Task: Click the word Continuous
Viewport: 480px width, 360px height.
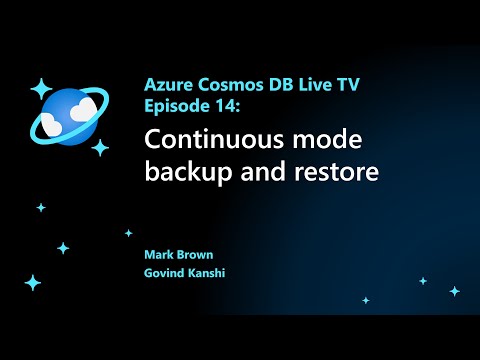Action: point(213,140)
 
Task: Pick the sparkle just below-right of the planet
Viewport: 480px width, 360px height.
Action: point(100,148)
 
